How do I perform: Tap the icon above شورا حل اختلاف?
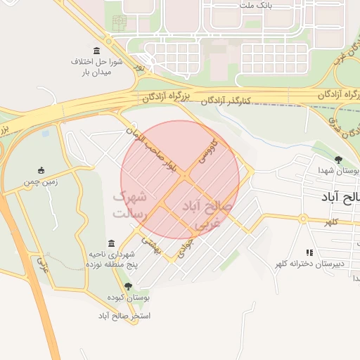click(96, 52)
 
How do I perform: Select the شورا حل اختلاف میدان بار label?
click(97, 67)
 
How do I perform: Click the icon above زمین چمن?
click(41, 170)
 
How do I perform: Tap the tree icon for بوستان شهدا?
click(339, 160)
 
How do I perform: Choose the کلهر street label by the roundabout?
click(331, 222)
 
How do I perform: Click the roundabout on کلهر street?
click(303, 218)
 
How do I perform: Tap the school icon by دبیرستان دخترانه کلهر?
click(309, 252)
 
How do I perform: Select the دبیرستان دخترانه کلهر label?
click(309, 264)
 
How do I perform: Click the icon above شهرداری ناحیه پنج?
click(112, 243)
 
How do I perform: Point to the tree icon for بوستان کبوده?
click(128, 286)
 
